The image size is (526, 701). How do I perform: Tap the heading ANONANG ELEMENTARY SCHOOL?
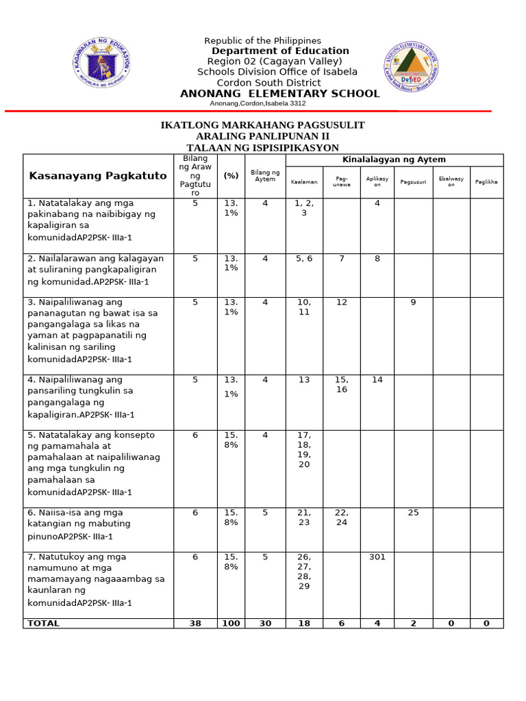pos(279,94)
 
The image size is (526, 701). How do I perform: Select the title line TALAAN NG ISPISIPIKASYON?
pos(262,148)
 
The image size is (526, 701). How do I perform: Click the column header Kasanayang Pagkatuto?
pos(98,176)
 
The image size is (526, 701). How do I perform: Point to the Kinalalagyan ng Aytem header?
pos(394,160)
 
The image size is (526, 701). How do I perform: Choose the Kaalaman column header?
pos(304,182)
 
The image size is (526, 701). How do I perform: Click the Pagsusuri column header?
pos(413,182)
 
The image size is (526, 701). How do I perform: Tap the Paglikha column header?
pos(486,182)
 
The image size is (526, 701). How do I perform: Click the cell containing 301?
pos(377,557)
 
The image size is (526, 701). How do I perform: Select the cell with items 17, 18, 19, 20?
pos(304,450)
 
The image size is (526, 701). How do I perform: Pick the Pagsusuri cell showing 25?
pos(413,513)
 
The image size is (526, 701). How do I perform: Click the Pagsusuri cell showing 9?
pos(413,302)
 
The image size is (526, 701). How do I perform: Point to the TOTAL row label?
pos(42,624)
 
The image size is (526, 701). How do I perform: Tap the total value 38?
pos(195,624)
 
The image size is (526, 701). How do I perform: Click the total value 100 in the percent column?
pos(231,624)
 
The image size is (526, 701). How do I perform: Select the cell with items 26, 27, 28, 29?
pos(304,572)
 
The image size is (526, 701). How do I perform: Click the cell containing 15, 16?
pos(341,385)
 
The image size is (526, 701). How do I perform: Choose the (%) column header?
pos(231,176)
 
